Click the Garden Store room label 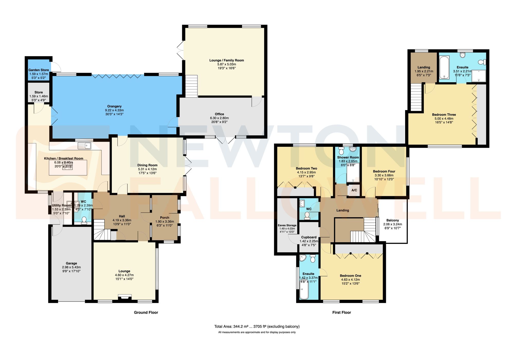coord(39,70)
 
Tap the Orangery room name coord(114,106)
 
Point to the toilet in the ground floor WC coord(84,220)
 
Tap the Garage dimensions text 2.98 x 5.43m coord(71,267)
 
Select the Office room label coord(219,114)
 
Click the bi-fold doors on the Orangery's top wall coord(117,76)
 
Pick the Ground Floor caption coord(146,312)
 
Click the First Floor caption coord(342,312)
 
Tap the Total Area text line coord(257,327)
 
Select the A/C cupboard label coord(354,190)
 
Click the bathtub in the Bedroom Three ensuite coord(444,67)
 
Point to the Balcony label coord(392,220)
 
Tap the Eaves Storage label coord(287,225)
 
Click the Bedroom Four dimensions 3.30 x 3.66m coord(384,175)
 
